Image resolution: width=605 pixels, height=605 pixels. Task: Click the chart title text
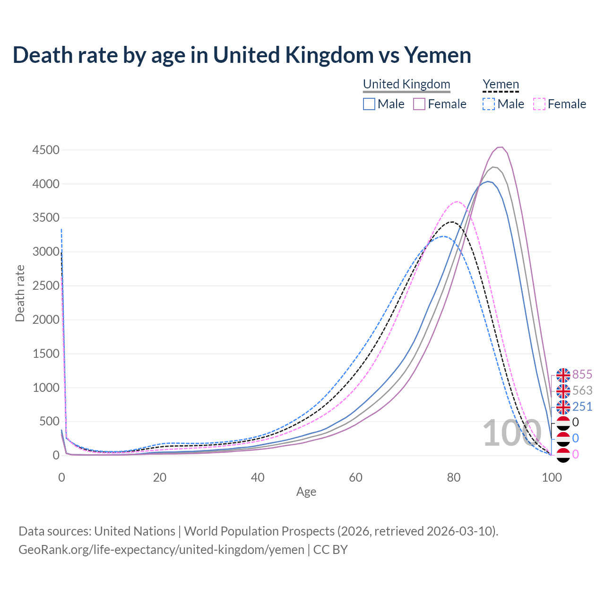click(242, 55)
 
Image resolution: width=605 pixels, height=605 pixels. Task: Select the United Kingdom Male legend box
click(369, 104)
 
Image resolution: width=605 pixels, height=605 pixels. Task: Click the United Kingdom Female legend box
click(419, 104)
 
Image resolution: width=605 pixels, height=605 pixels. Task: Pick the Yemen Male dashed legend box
click(489, 104)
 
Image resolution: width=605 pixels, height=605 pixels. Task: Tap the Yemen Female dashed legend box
click(539, 104)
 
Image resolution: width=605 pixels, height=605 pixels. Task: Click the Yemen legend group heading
click(501, 84)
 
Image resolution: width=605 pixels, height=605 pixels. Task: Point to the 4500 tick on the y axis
click(46, 150)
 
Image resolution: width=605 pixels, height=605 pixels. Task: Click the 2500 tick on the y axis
click(46, 285)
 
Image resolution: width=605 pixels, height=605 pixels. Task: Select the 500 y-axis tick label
click(49, 421)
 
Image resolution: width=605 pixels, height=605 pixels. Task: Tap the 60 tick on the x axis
click(355, 477)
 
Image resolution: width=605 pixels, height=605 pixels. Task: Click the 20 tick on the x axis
click(160, 477)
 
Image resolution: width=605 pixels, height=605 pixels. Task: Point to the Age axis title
click(306, 492)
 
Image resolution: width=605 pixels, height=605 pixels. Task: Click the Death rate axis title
click(20, 293)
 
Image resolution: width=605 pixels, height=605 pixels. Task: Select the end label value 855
click(582, 374)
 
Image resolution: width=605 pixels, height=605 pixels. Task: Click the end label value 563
click(582, 390)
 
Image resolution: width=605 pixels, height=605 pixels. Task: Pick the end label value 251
click(582, 406)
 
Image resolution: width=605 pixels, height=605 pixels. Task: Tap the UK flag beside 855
click(563, 375)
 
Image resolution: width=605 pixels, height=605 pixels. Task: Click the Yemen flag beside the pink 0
click(563, 455)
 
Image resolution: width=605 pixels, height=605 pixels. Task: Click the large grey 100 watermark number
click(511, 432)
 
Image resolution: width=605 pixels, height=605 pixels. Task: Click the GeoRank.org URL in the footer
click(161, 550)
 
